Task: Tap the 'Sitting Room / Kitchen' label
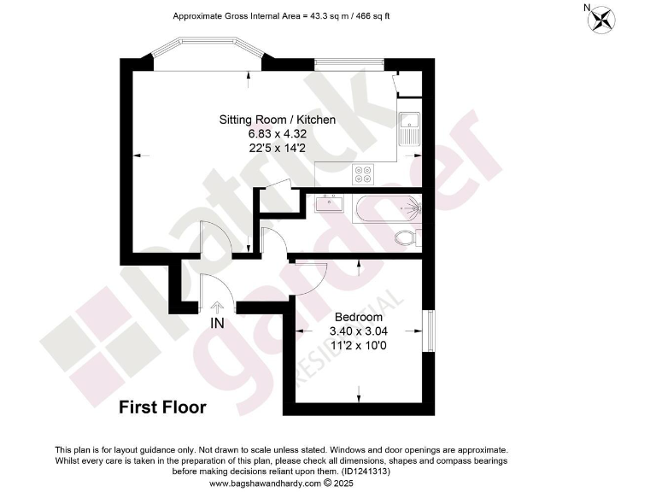click(278, 120)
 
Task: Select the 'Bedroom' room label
click(359, 317)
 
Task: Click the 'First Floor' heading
click(162, 407)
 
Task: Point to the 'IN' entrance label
click(218, 323)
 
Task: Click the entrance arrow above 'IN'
click(217, 307)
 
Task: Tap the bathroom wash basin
click(328, 203)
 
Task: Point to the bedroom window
click(430, 331)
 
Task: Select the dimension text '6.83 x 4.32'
click(277, 133)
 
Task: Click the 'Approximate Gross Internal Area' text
click(282, 16)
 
